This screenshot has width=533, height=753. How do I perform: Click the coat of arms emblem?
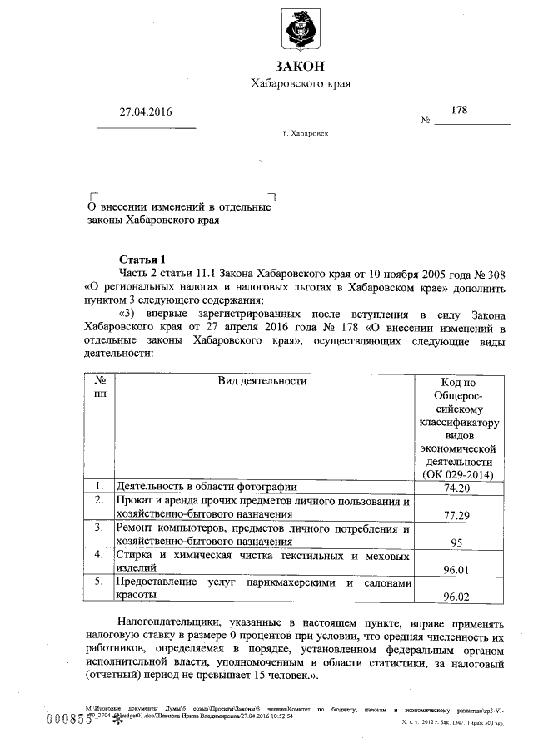coord(300,29)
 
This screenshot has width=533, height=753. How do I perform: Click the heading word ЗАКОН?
coord(300,67)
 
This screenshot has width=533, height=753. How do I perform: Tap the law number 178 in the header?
coord(459,110)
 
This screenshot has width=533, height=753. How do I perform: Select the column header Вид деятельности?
coord(262,381)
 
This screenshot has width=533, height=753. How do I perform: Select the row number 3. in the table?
coord(98,528)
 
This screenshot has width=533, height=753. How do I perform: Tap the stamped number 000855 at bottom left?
coord(69,720)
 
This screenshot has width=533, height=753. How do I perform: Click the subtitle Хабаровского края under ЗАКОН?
coord(300,84)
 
